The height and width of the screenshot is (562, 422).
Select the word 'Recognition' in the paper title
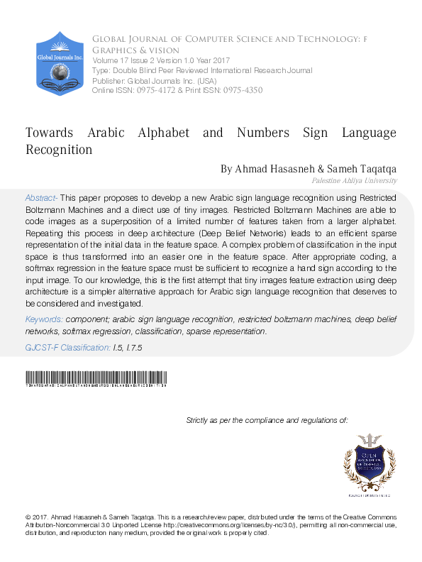pos(59,150)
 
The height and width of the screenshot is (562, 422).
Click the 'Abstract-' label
pos(42,197)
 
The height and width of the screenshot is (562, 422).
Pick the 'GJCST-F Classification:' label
pos(68,348)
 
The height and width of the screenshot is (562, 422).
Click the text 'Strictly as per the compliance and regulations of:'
pos(267,421)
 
